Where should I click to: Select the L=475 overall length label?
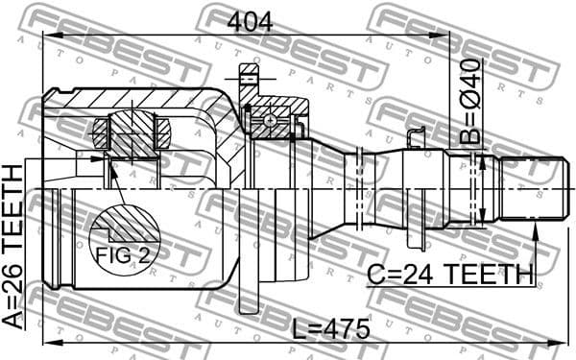(x=330, y=328)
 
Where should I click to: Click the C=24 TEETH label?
(x=450, y=275)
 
